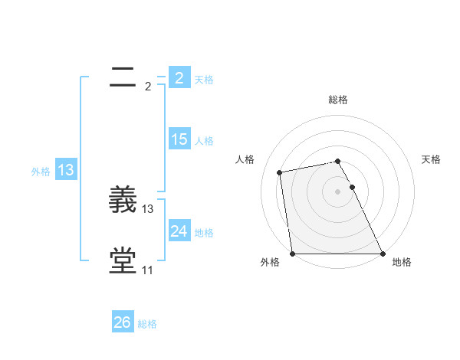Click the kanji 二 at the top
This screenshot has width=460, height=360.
(x=123, y=77)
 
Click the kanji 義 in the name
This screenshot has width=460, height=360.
(x=123, y=201)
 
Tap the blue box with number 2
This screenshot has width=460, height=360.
(x=179, y=78)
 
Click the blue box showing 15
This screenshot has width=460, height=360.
(x=179, y=139)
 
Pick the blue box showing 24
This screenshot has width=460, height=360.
(x=179, y=231)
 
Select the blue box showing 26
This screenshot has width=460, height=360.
(x=122, y=322)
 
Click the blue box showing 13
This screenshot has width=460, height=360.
(x=66, y=170)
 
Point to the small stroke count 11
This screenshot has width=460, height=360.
(x=147, y=270)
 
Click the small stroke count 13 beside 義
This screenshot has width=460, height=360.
(x=148, y=209)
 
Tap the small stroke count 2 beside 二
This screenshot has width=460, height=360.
(x=148, y=87)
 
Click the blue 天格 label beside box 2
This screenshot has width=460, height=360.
(x=204, y=79)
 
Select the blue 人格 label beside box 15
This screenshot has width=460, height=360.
(x=204, y=140)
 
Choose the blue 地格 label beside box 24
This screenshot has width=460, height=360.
(x=204, y=232)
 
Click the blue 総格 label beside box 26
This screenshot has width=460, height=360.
(x=147, y=324)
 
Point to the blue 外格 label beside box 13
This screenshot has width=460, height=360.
(x=41, y=172)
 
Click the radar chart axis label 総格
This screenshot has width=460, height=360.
(x=338, y=100)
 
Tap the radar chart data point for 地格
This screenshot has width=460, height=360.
(x=382, y=254)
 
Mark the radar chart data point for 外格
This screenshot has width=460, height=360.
(x=293, y=254)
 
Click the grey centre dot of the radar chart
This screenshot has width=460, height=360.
(x=337, y=191)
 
